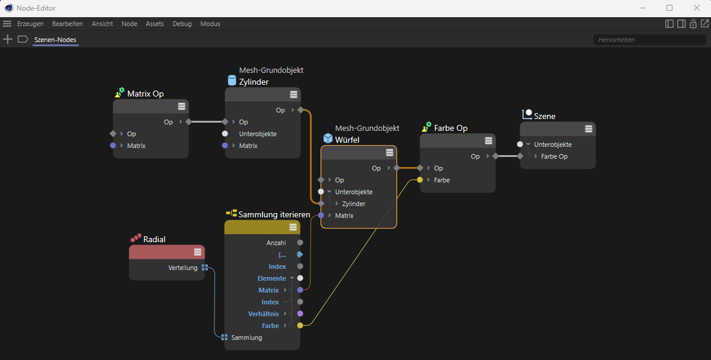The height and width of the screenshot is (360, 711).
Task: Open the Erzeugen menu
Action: (x=30, y=24)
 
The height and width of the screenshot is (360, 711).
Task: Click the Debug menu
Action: (x=182, y=24)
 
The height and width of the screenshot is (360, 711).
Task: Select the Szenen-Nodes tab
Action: (x=55, y=40)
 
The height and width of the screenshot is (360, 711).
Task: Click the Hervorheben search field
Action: (x=649, y=40)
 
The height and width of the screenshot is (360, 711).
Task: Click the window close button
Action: (x=696, y=8)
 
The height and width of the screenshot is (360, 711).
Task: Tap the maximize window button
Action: (x=670, y=8)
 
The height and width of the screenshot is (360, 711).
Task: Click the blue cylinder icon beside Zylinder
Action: (x=232, y=81)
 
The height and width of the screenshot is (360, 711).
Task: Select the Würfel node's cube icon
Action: (x=328, y=139)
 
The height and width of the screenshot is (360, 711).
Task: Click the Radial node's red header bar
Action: (x=167, y=252)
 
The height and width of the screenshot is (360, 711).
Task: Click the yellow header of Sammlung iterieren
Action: (x=262, y=227)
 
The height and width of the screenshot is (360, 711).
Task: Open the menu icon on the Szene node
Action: (x=588, y=128)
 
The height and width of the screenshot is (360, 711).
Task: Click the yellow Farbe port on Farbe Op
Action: (x=420, y=180)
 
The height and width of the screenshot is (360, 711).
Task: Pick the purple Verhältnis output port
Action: (x=300, y=314)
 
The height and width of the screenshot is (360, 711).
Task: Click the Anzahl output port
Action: (x=300, y=243)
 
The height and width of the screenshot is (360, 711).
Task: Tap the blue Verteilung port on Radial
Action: (x=205, y=268)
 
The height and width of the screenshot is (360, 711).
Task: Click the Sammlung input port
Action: (x=225, y=337)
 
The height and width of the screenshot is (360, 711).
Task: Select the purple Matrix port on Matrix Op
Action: (x=113, y=146)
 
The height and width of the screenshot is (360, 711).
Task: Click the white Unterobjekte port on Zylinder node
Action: (x=225, y=134)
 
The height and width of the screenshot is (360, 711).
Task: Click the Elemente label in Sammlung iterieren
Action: (x=272, y=278)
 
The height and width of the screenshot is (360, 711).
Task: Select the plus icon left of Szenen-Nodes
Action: (x=8, y=39)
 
